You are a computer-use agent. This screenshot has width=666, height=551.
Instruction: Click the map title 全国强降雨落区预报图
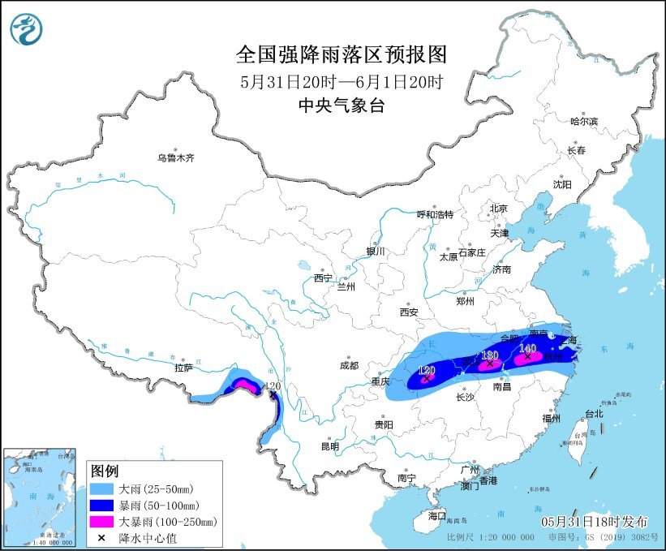coord(341,54)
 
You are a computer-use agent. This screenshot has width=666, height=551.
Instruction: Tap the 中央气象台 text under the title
coord(341,105)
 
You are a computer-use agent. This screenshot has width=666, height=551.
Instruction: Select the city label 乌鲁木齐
coord(176,157)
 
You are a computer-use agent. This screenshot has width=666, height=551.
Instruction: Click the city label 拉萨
coord(183,368)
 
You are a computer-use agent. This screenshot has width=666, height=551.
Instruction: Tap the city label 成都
coord(350,365)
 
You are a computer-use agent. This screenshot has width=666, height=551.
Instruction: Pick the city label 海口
coord(437,515)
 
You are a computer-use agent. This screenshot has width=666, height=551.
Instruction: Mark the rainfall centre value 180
coord(490,355)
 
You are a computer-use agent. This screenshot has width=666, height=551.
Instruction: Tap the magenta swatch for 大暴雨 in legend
coord(101,522)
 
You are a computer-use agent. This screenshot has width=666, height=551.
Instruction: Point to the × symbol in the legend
coord(101,537)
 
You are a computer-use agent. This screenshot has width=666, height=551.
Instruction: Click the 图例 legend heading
coord(105,471)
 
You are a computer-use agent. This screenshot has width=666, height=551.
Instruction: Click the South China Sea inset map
coord(41,496)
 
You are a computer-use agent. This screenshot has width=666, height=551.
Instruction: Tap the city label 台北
coord(594,413)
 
